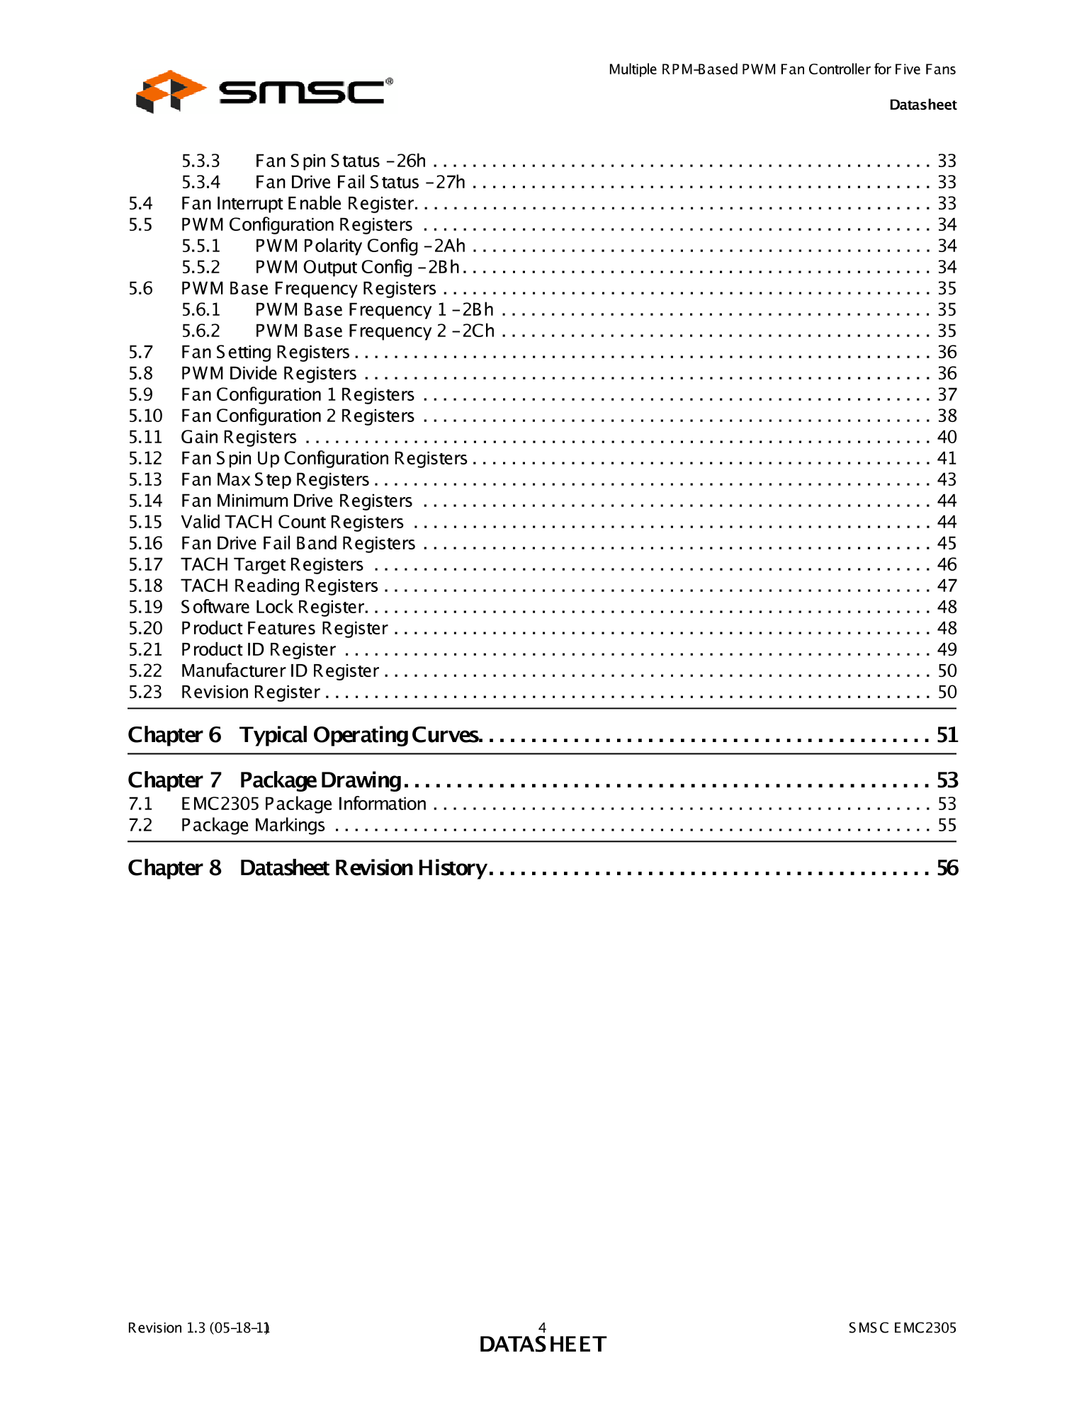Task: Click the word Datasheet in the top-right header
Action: pyautogui.click(x=922, y=105)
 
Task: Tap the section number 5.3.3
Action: pyautogui.click(x=201, y=161)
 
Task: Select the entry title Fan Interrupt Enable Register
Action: pyautogui.click(x=298, y=204)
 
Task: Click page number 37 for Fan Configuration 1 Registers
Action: pyautogui.click(x=947, y=395)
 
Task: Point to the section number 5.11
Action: pyautogui.click(x=145, y=438)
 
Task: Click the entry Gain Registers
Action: pyautogui.click(x=239, y=438)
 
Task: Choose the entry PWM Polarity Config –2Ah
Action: pyautogui.click(x=360, y=246)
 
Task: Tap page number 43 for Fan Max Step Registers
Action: pyautogui.click(x=947, y=480)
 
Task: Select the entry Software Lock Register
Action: pyautogui.click(x=273, y=608)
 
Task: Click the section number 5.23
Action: pyautogui.click(x=145, y=693)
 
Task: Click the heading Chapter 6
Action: pyautogui.click(x=174, y=735)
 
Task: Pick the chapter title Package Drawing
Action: pyautogui.click(x=320, y=780)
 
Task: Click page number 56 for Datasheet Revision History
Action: pyautogui.click(x=947, y=868)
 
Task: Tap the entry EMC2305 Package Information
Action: pyautogui.click(x=303, y=804)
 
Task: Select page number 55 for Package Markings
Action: pyautogui.click(x=947, y=826)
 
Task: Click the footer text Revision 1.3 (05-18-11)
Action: pyautogui.click(x=198, y=1328)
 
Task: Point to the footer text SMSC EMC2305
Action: pyautogui.click(x=902, y=1328)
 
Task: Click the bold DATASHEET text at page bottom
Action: pyautogui.click(x=543, y=1344)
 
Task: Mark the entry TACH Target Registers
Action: pyautogui.click(x=272, y=565)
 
